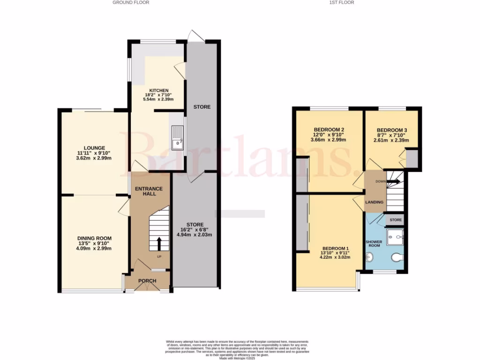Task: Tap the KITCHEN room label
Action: coord(159,90)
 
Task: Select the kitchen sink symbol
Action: coord(178,137)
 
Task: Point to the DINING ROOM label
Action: coord(95,238)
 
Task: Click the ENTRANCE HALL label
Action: coord(149,191)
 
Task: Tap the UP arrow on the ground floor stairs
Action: coord(158,244)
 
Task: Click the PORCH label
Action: coord(147,281)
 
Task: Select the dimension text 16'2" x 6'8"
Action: coord(195,229)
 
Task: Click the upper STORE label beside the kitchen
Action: coord(202,107)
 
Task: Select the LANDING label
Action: coord(375,202)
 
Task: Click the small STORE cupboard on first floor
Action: coord(396,219)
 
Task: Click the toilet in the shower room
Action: coord(397,257)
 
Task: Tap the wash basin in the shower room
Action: coord(370,257)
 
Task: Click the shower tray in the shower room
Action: coord(395,237)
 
